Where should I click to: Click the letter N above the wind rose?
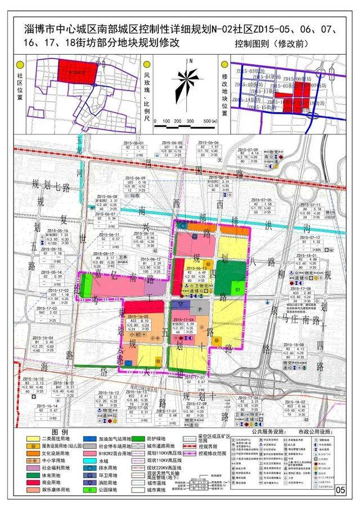click(191, 60)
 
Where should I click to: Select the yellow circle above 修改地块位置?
click(227, 65)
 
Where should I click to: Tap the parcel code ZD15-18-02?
click(294, 402)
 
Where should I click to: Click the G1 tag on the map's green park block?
click(238, 289)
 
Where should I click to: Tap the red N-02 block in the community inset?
click(76, 72)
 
